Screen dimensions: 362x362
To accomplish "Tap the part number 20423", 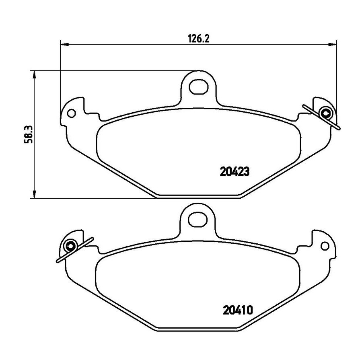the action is point(234,172).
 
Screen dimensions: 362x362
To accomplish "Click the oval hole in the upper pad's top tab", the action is point(199,86).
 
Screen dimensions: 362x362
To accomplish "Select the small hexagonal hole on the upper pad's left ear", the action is point(71,113).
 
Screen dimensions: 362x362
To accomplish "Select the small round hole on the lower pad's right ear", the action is point(325,246).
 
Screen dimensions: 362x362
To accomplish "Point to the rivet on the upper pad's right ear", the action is point(326,113).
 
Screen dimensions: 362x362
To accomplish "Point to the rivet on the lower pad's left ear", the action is point(70,246).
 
